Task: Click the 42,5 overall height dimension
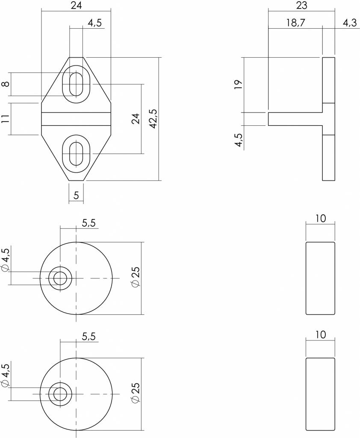153,118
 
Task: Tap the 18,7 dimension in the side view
295,23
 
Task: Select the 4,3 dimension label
349,23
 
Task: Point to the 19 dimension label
239,84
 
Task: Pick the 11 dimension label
5,119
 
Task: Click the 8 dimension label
5,84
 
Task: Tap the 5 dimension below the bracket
76,196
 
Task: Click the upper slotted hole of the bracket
77,84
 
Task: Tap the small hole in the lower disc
60,394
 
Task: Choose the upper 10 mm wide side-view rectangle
321,278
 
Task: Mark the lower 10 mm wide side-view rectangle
321,394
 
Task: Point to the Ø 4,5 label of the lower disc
5,376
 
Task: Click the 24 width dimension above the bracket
76,5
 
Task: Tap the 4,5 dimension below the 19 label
239,140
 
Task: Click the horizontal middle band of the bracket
76,119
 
